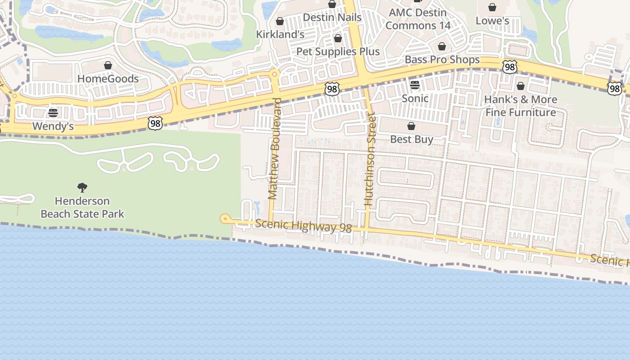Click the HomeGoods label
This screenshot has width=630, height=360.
tap(108, 79)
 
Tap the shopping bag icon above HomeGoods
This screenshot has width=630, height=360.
tap(108, 66)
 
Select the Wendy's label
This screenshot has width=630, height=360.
tap(53, 126)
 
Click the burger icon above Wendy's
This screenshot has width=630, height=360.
tap(53, 112)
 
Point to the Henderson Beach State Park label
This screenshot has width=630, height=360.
tap(82, 207)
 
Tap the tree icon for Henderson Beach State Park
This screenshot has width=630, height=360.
tap(82, 187)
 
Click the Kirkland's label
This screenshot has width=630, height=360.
tap(280, 34)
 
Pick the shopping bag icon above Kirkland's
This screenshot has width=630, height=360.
tap(280, 21)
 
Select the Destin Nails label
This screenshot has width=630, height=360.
tap(332, 17)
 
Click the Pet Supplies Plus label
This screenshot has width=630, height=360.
tap(338, 51)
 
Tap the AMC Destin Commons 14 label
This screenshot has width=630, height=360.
tap(418, 19)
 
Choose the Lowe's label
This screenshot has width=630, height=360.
tap(492, 21)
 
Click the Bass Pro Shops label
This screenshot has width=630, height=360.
tap(442, 59)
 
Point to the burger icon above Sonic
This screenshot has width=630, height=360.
tap(415, 85)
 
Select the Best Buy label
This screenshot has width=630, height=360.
tap(412, 139)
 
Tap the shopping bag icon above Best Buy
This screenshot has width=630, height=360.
tap(411, 126)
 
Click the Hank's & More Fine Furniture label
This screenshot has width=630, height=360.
tap(521, 106)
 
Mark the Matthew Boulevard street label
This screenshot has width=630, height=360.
tap(274, 148)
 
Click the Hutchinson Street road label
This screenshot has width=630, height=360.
tap(370, 159)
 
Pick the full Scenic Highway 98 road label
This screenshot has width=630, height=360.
tap(303, 226)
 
